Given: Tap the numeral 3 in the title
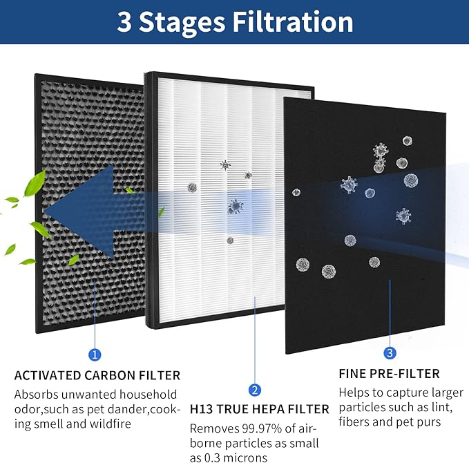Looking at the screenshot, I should (x=124, y=22).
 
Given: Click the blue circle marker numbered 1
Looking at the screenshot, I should (x=95, y=355).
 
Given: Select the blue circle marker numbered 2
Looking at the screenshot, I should (x=255, y=390).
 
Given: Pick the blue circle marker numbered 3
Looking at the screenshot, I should (x=390, y=353).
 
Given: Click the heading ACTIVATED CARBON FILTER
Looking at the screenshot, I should (x=97, y=376).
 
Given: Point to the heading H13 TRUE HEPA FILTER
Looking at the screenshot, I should (x=259, y=410).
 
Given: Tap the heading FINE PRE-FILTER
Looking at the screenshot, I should (x=389, y=374).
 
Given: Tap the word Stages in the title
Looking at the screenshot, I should (x=182, y=22).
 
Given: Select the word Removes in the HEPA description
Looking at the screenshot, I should (x=211, y=428).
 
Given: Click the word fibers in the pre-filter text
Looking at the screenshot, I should (x=356, y=422).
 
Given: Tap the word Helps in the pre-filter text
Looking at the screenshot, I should (x=354, y=393).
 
